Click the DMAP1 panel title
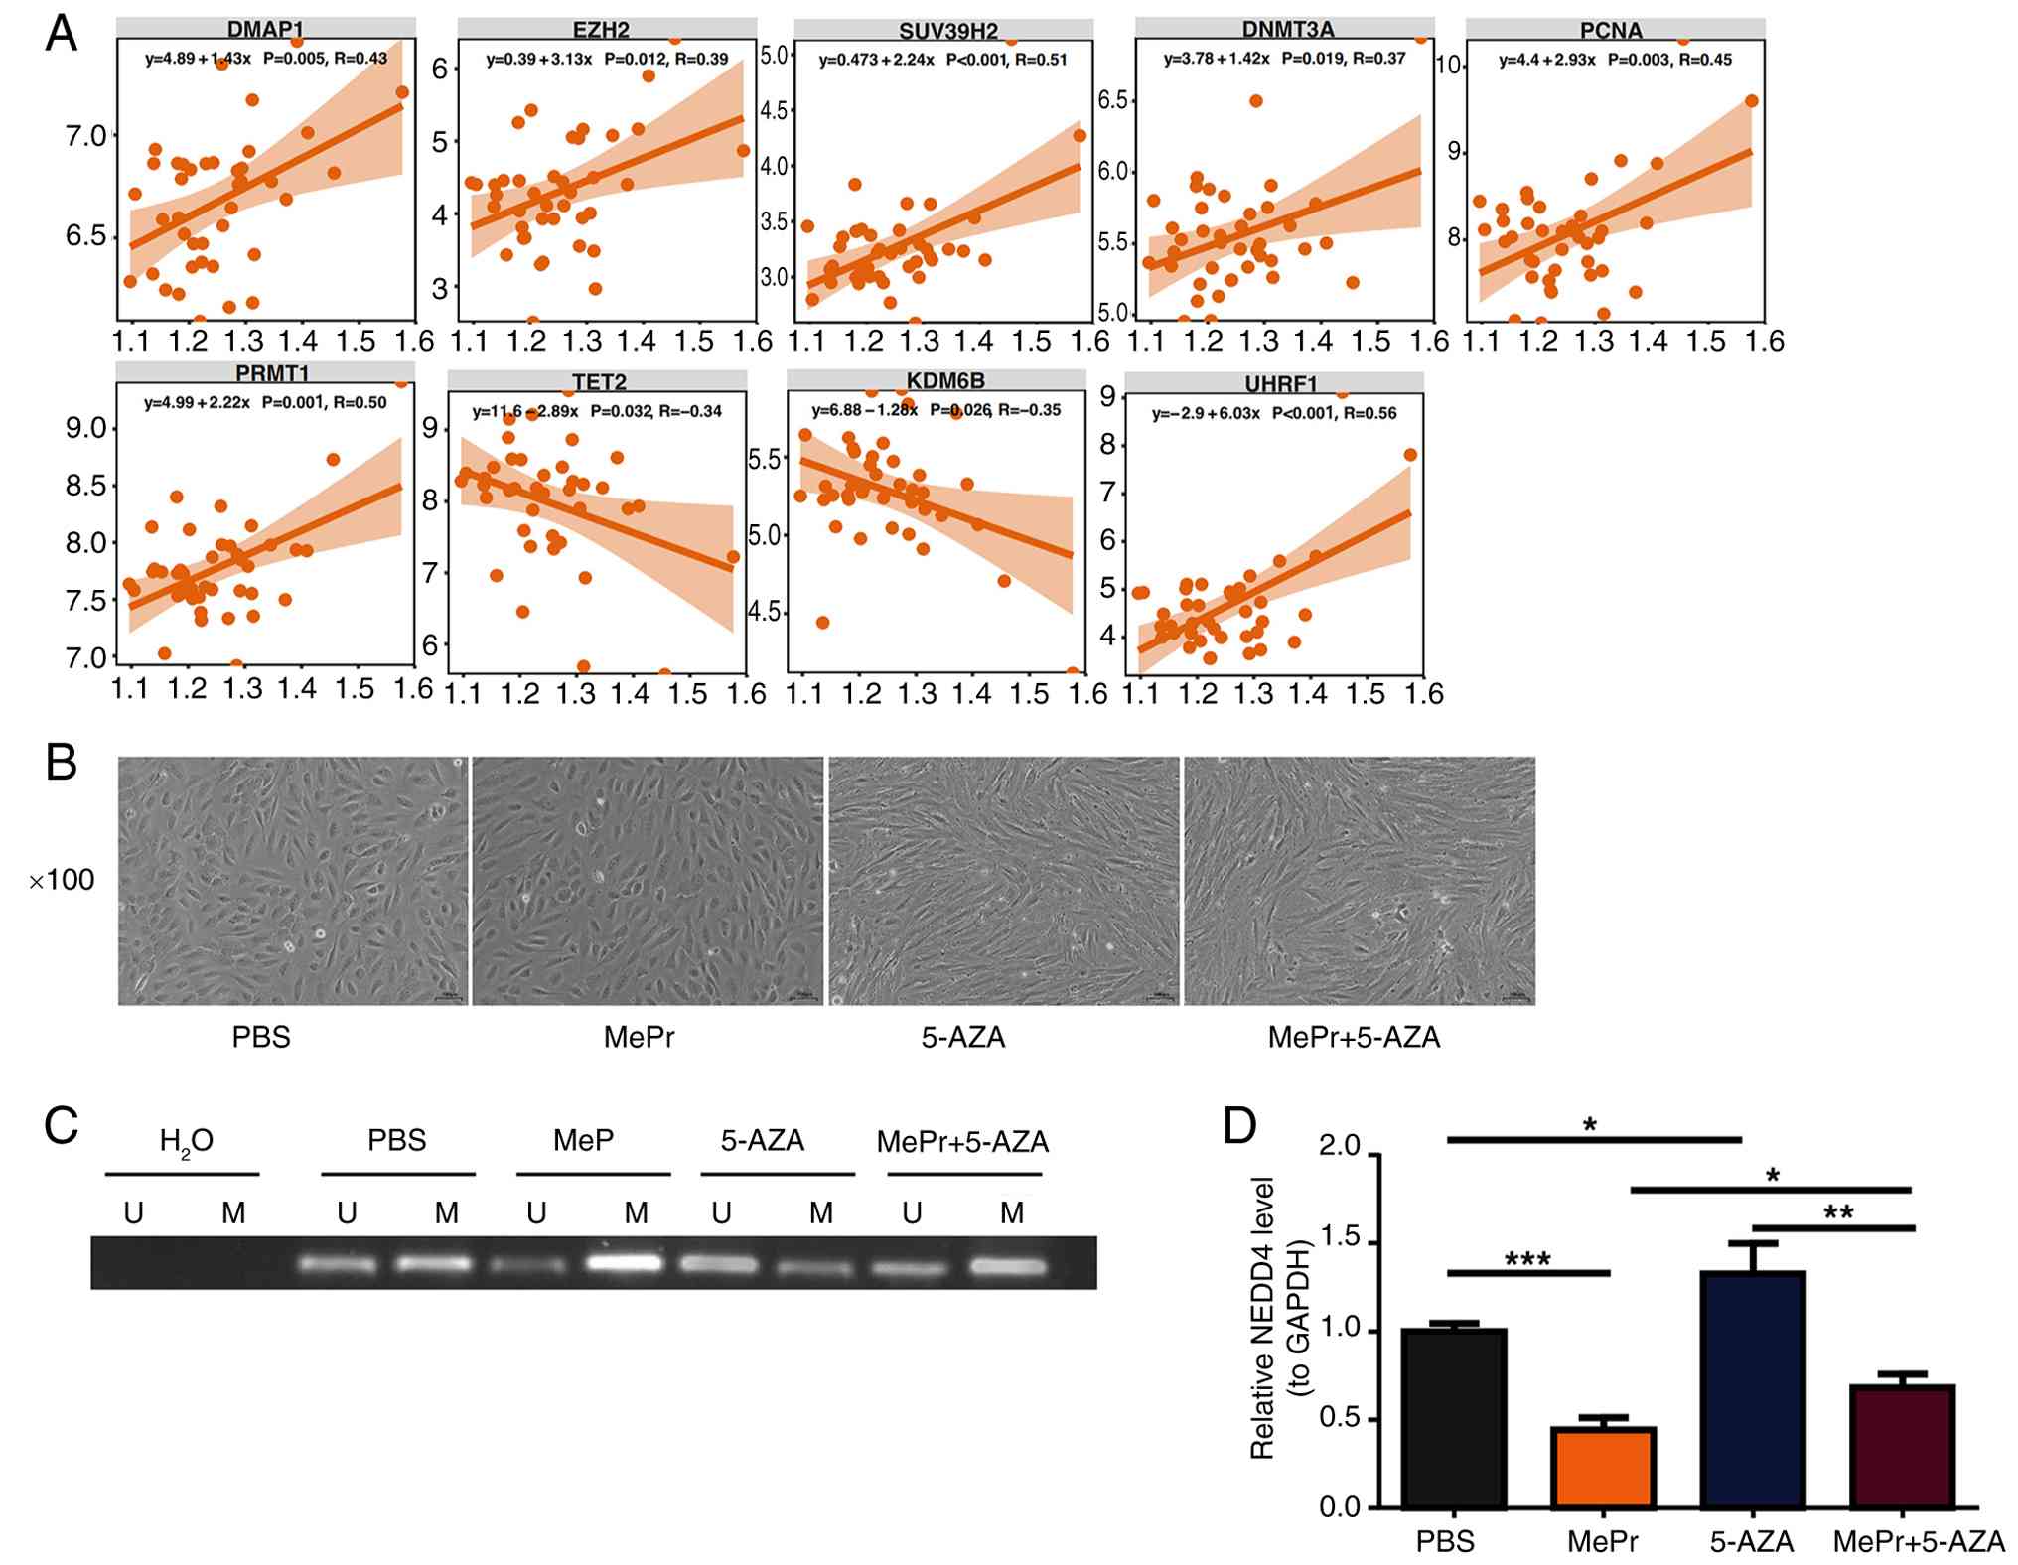click(x=264, y=30)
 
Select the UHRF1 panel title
click(x=1281, y=384)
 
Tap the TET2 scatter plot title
click(x=599, y=382)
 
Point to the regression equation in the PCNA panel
click(x=1547, y=61)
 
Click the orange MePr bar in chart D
click(x=1603, y=1468)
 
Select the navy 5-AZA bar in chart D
click(x=1752, y=1389)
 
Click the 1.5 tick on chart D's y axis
click(x=1339, y=1243)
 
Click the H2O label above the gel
click(x=186, y=1142)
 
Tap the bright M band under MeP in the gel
click(x=626, y=1264)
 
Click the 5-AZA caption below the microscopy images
click(x=962, y=1038)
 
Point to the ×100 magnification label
click(x=62, y=880)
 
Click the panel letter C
click(x=62, y=1127)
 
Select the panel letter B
click(x=62, y=763)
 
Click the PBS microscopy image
click(x=293, y=880)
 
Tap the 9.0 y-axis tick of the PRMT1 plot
click(x=86, y=429)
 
